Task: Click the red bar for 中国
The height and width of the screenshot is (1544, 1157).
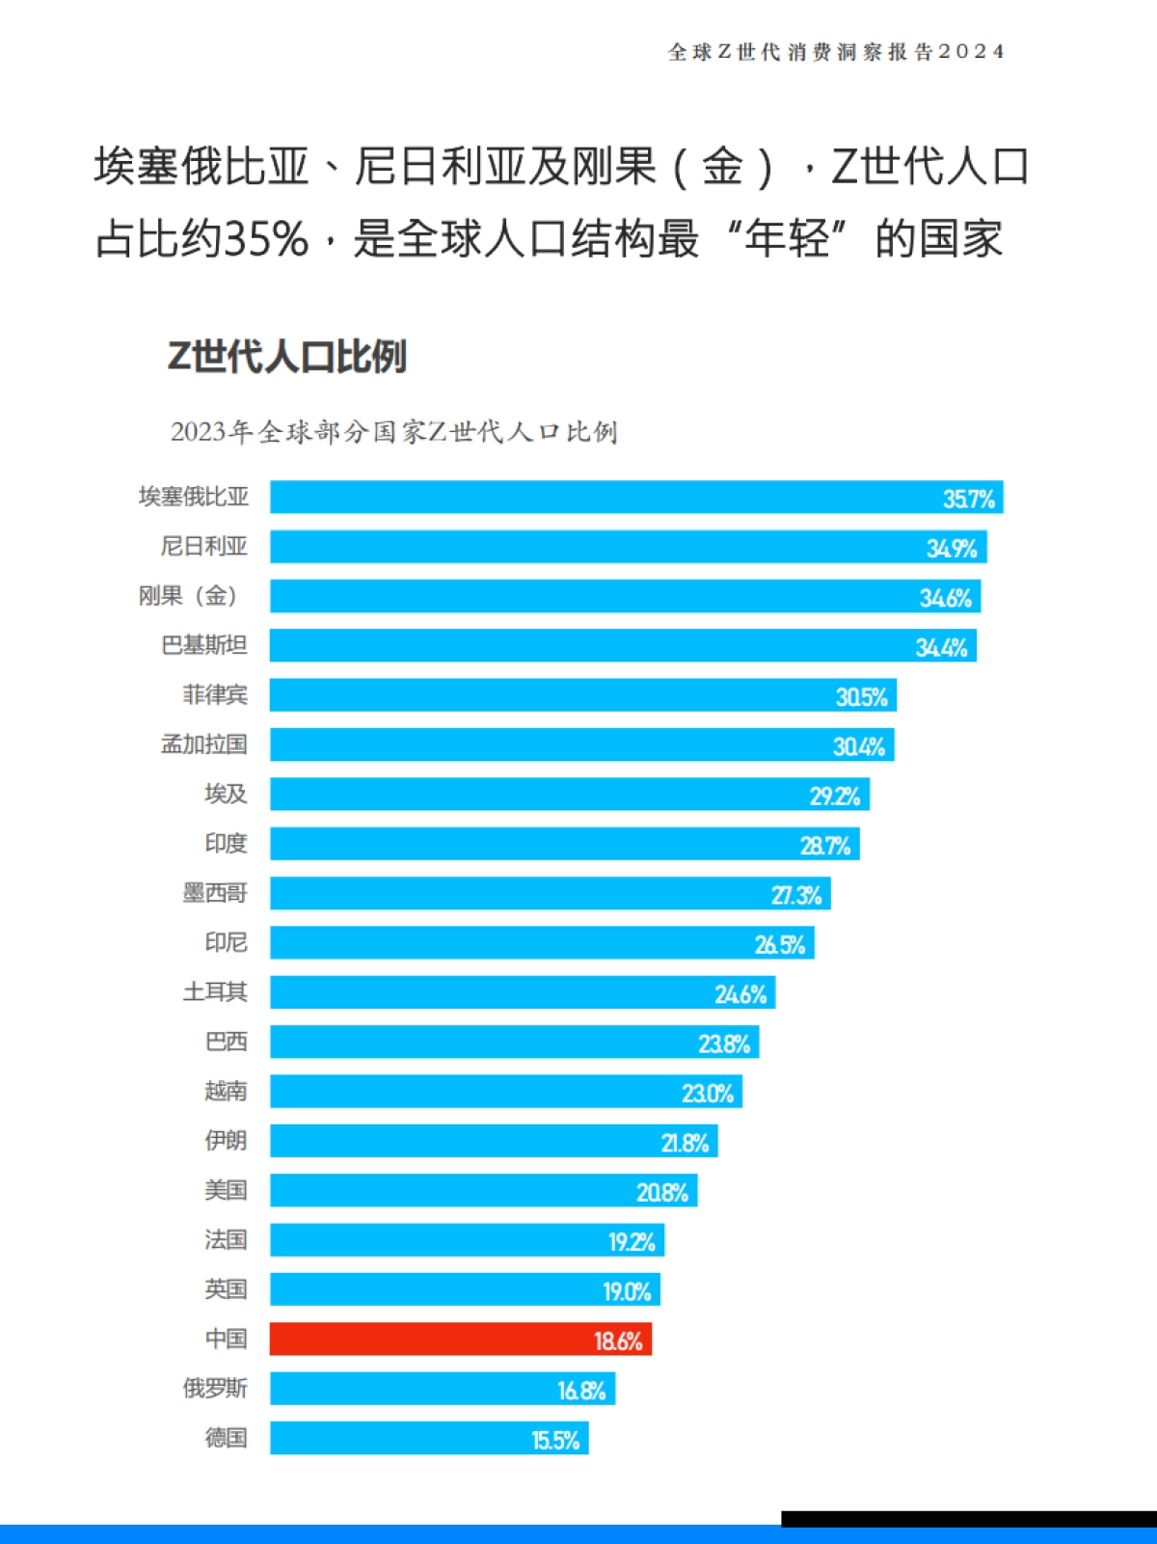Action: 460,1339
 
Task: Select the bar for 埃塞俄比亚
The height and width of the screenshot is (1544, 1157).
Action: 636,497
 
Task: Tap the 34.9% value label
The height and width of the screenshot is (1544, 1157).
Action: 952,548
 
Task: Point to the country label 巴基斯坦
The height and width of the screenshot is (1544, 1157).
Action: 204,644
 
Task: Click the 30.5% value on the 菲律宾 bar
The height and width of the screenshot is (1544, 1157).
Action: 861,696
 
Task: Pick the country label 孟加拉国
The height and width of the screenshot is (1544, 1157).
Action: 204,744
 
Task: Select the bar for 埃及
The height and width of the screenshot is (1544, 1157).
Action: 569,794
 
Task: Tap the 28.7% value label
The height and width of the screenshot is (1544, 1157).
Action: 825,845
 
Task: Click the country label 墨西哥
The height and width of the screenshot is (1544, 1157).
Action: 215,892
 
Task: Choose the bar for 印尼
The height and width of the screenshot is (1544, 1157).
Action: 542,942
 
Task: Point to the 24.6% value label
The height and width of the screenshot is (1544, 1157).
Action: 740,993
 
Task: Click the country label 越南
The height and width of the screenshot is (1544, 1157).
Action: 226,1091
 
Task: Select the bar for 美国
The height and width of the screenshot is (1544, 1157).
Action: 483,1190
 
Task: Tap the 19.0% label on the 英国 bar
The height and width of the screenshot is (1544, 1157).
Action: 627,1290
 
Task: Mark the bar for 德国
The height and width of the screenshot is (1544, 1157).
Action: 429,1438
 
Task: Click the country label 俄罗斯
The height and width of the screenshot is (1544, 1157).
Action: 215,1388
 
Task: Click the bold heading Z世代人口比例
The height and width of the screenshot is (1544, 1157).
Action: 287,356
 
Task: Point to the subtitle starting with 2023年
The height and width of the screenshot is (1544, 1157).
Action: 393,431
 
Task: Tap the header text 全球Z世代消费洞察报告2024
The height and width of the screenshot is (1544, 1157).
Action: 836,52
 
